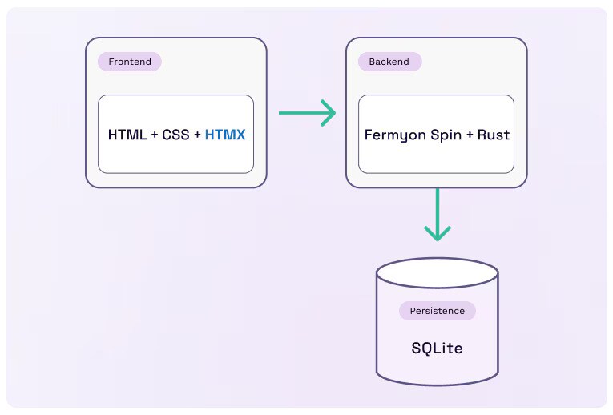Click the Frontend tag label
click(x=130, y=62)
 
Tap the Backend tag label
click(x=389, y=62)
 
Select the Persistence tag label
click(x=437, y=311)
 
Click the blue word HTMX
click(x=225, y=135)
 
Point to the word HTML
click(x=127, y=135)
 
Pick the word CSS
click(x=176, y=135)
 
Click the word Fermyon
click(x=391, y=135)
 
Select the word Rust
click(x=494, y=135)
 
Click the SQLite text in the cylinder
click(x=437, y=349)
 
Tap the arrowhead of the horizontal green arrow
click(x=327, y=113)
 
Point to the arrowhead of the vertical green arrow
click(x=437, y=232)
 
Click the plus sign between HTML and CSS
click(x=155, y=135)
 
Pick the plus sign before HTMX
click(x=197, y=135)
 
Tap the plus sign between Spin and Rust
click(x=470, y=135)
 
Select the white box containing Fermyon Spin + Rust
click(x=436, y=157)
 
